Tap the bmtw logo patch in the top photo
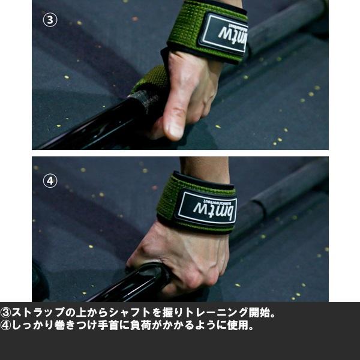[223, 34]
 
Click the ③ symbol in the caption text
[6, 313]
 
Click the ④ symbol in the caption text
[6, 326]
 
